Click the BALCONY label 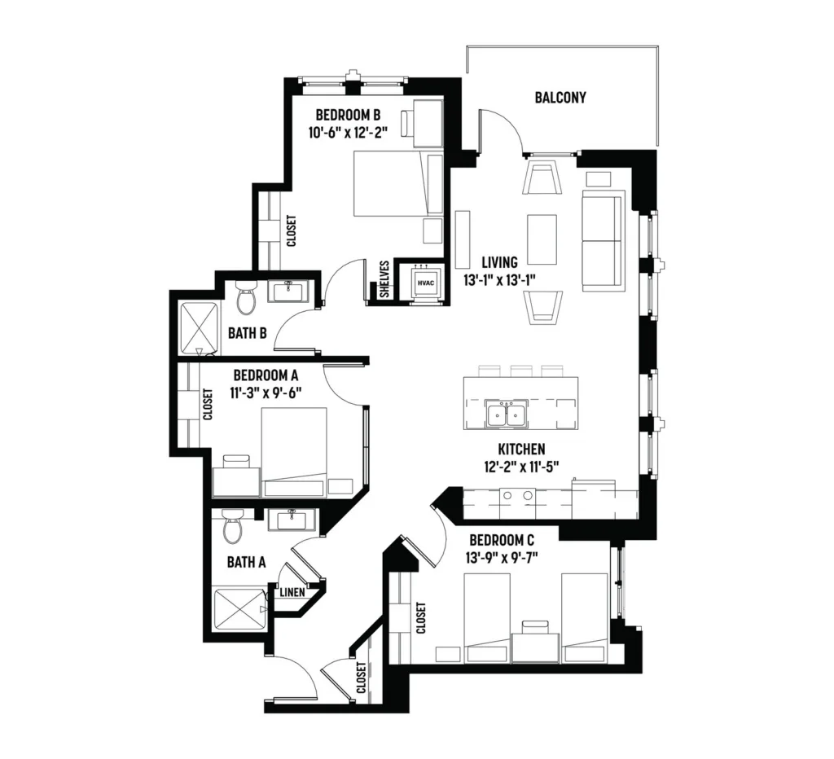(x=560, y=98)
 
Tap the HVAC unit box (x=426, y=283)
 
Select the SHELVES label (x=384, y=279)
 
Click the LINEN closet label (x=292, y=592)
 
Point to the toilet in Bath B (x=246, y=296)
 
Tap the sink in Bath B (x=288, y=292)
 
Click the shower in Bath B (x=199, y=328)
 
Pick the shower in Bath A (x=239, y=609)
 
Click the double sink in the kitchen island (x=507, y=414)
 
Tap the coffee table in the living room (x=542, y=239)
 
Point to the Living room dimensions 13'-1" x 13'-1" (x=499, y=280)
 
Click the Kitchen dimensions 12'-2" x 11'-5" (x=521, y=467)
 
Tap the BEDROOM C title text (x=502, y=541)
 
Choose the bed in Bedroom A (x=294, y=453)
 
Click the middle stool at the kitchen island (x=521, y=371)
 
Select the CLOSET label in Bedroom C (x=421, y=617)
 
